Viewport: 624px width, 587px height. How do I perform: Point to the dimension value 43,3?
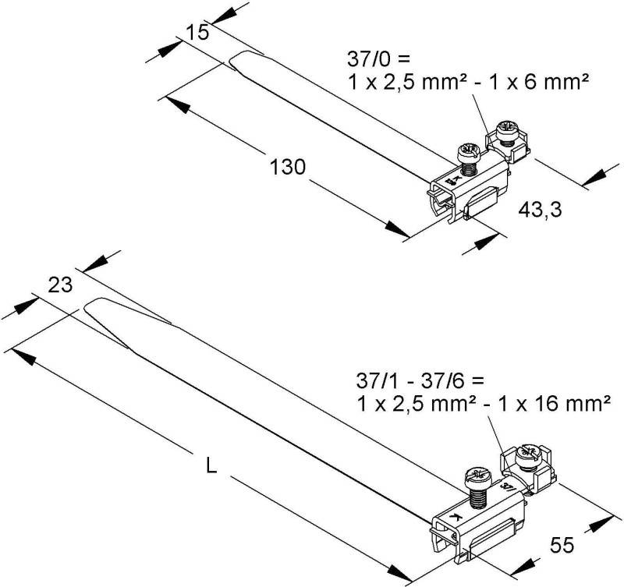click(541, 209)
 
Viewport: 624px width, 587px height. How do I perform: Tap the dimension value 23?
click(60, 285)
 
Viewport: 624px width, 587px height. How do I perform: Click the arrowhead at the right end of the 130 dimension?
click(400, 231)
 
